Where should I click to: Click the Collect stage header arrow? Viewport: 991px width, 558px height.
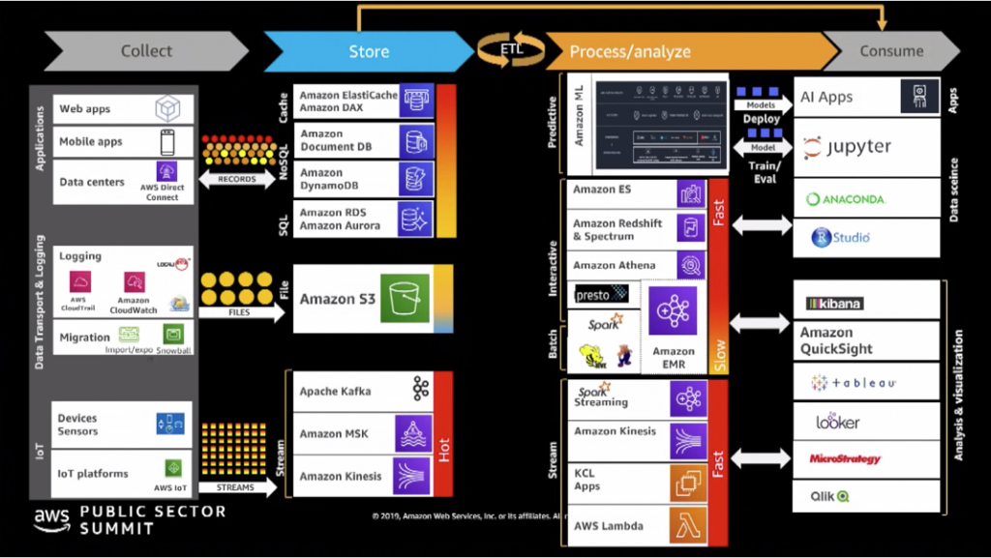coord(146,51)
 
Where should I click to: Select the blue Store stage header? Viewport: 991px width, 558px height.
coord(368,51)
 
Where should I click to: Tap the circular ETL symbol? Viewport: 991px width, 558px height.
coord(511,48)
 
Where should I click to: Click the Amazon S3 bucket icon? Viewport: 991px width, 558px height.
coord(404,298)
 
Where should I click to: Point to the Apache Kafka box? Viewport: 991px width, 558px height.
coord(363,391)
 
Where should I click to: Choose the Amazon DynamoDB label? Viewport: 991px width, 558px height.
coord(335,179)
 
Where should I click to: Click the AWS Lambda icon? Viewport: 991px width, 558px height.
coord(687,526)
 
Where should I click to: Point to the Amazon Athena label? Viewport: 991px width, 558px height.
coord(614,265)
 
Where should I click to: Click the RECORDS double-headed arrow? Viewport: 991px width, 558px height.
coord(237,179)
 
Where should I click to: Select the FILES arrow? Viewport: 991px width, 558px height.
coord(238,313)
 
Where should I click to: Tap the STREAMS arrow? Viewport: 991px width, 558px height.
coord(237,487)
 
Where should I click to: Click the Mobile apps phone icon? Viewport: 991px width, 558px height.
coord(167,142)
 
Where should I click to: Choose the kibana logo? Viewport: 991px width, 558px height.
coord(834,304)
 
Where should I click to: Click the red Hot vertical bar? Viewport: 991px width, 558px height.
coord(444,433)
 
